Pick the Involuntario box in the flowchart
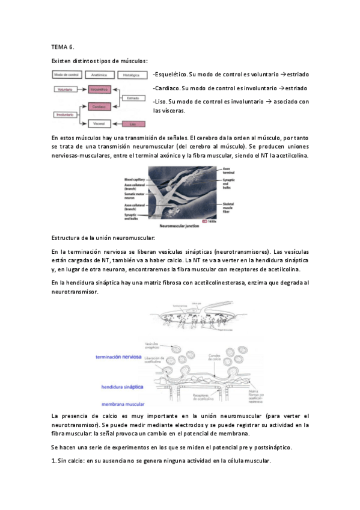pos(64,114)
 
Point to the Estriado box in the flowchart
pos(133,97)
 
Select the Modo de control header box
pos(66,75)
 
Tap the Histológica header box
pos(133,75)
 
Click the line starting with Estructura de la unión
pos(95,239)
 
